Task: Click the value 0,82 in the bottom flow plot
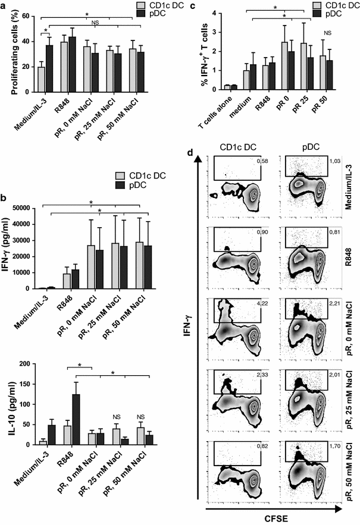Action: click(255, 460)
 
